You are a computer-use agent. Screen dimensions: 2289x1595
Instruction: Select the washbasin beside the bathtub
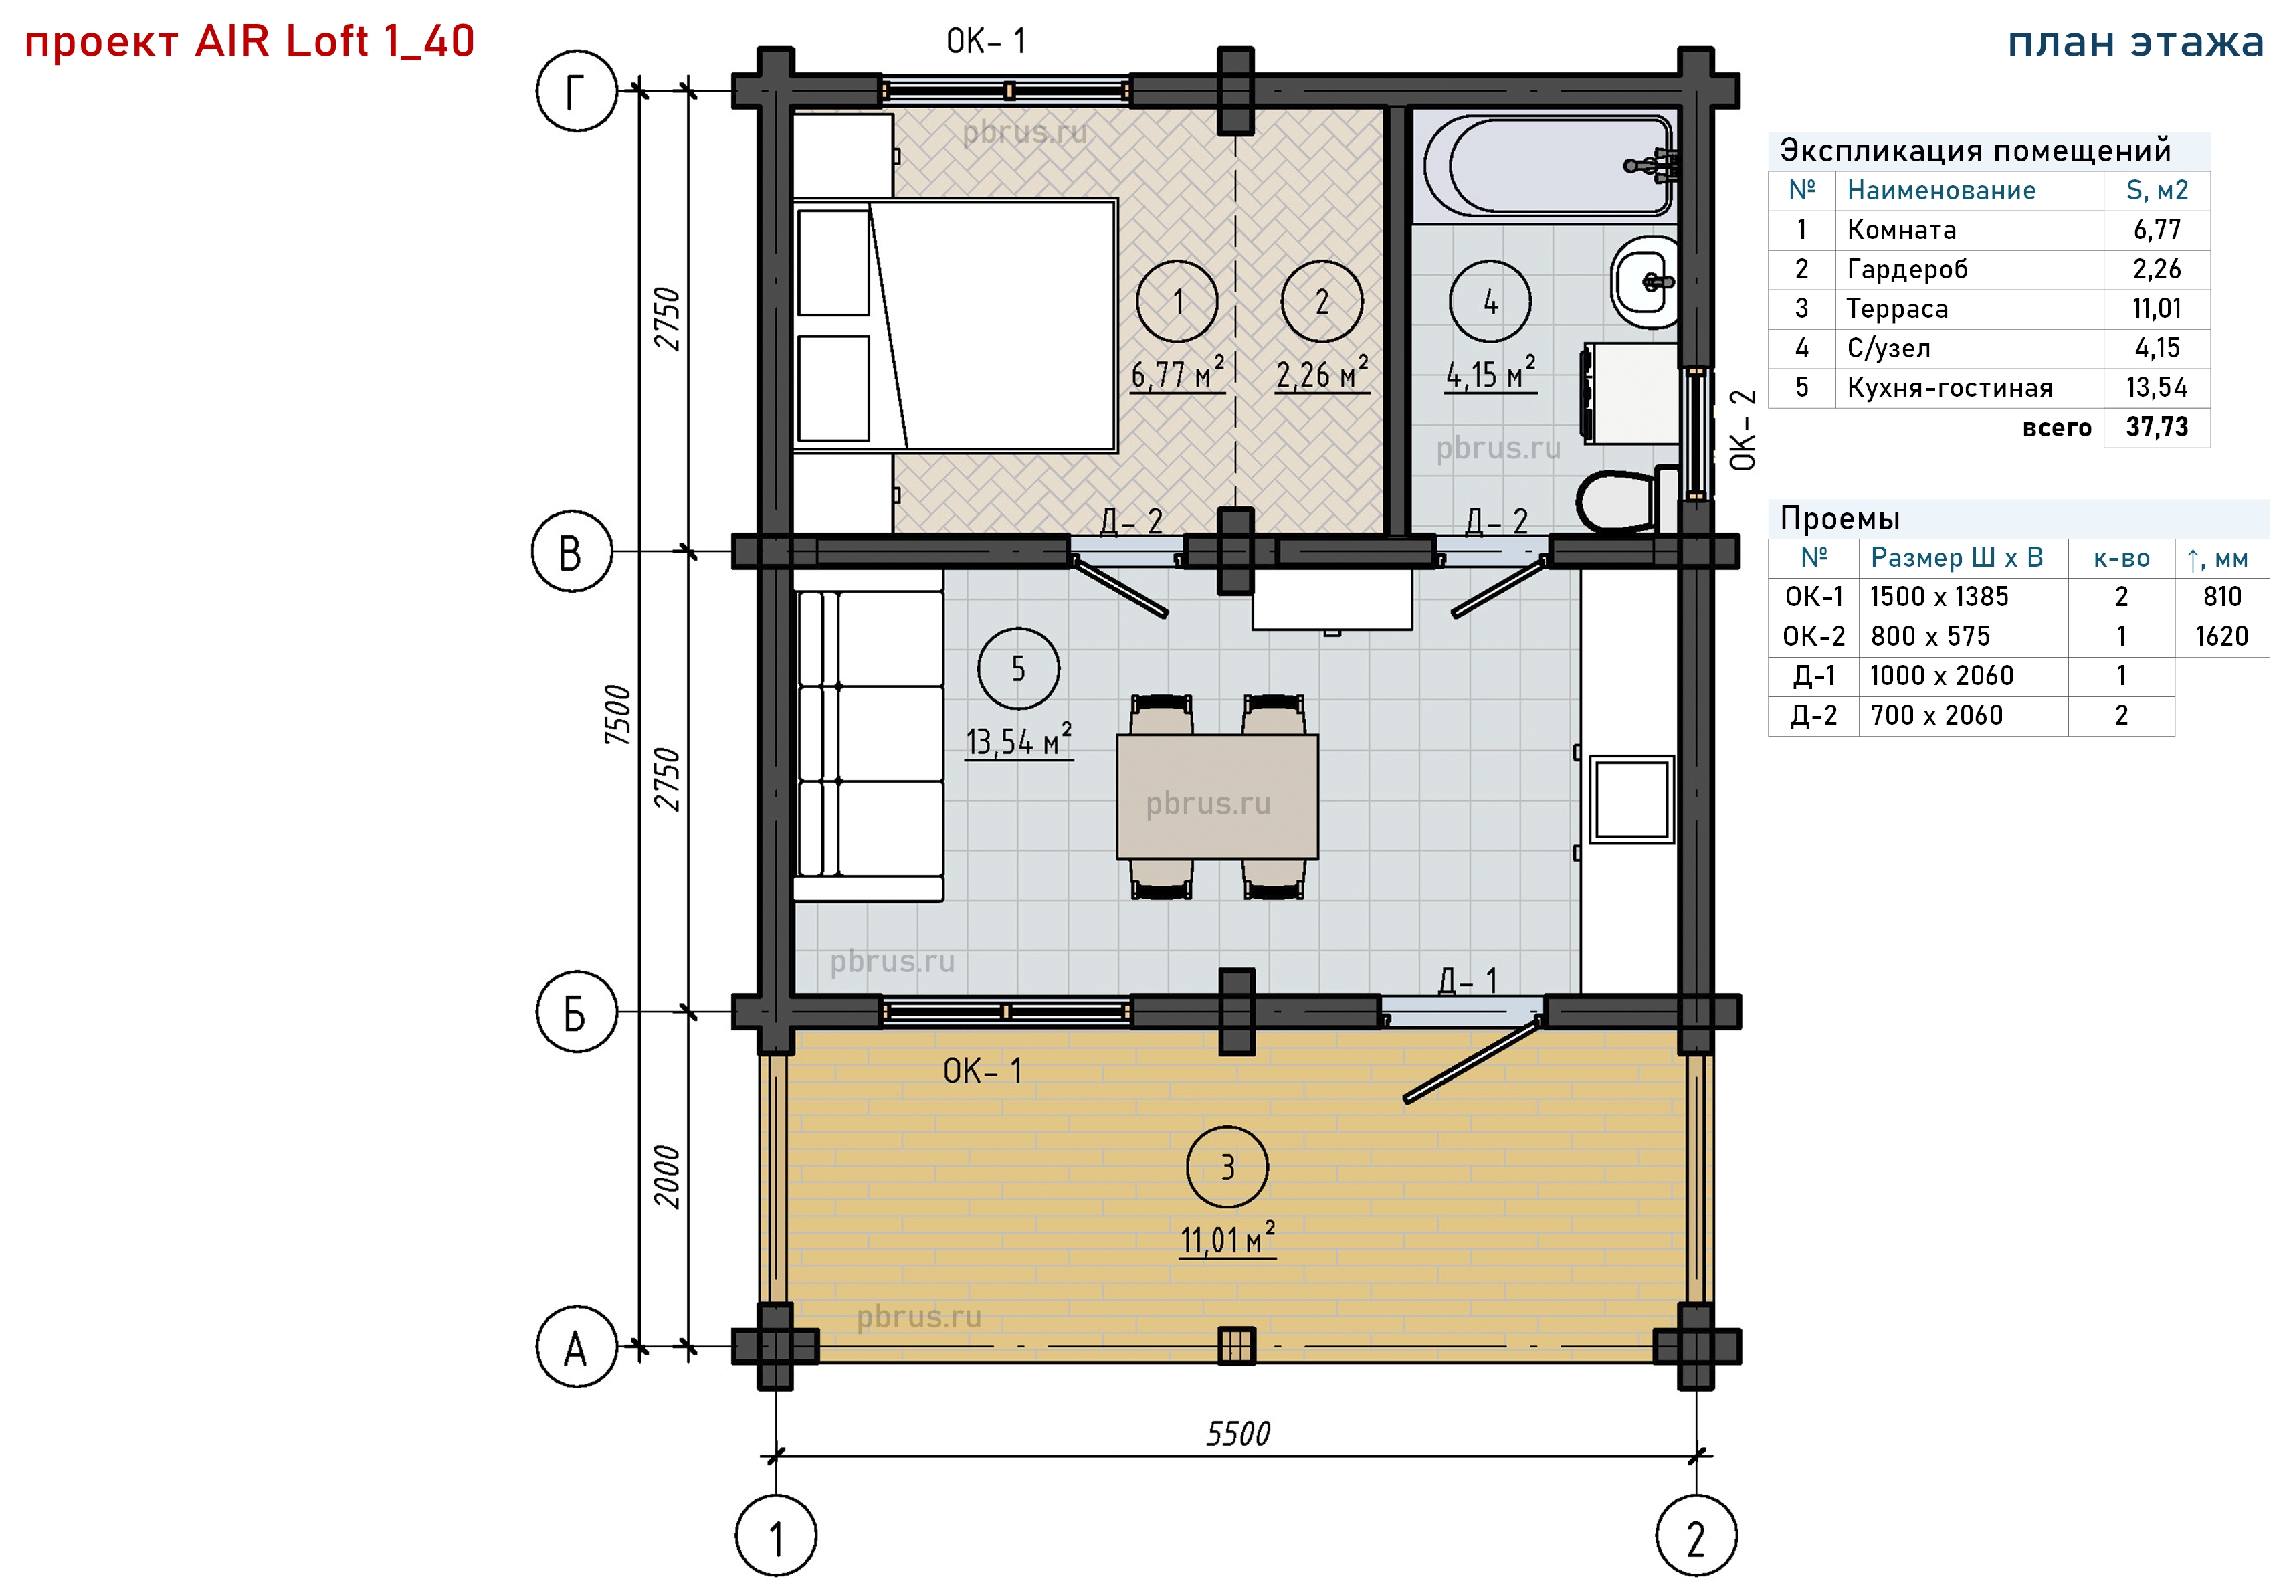(1645, 282)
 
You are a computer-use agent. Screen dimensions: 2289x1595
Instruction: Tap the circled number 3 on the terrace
(1227, 1166)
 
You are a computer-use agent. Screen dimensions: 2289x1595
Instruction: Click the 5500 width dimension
(1238, 1434)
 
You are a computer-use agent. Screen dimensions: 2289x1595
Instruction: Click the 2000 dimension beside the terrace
(666, 1178)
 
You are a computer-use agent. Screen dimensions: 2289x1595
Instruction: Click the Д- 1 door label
(1468, 981)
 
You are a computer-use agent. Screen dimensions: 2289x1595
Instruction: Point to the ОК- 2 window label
(1742, 430)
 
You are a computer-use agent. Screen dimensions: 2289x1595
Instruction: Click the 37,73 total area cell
(2157, 428)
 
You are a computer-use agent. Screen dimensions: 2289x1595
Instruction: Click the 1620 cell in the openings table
(2222, 636)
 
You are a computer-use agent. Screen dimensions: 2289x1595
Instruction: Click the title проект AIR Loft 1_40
(250, 42)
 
